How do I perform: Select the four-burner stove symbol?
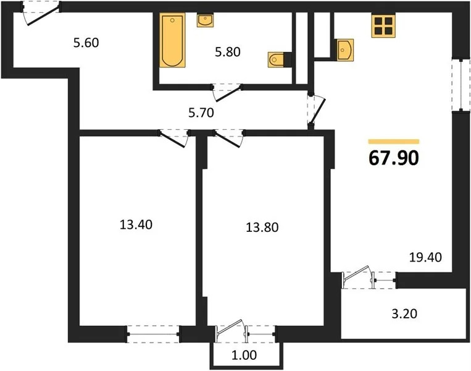click(383, 26)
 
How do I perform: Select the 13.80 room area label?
click(262, 227)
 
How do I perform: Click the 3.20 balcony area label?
click(404, 313)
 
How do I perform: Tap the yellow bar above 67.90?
click(394, 142)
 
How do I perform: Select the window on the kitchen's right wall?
click(457, 85)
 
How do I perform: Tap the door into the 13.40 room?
click(173, 137)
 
